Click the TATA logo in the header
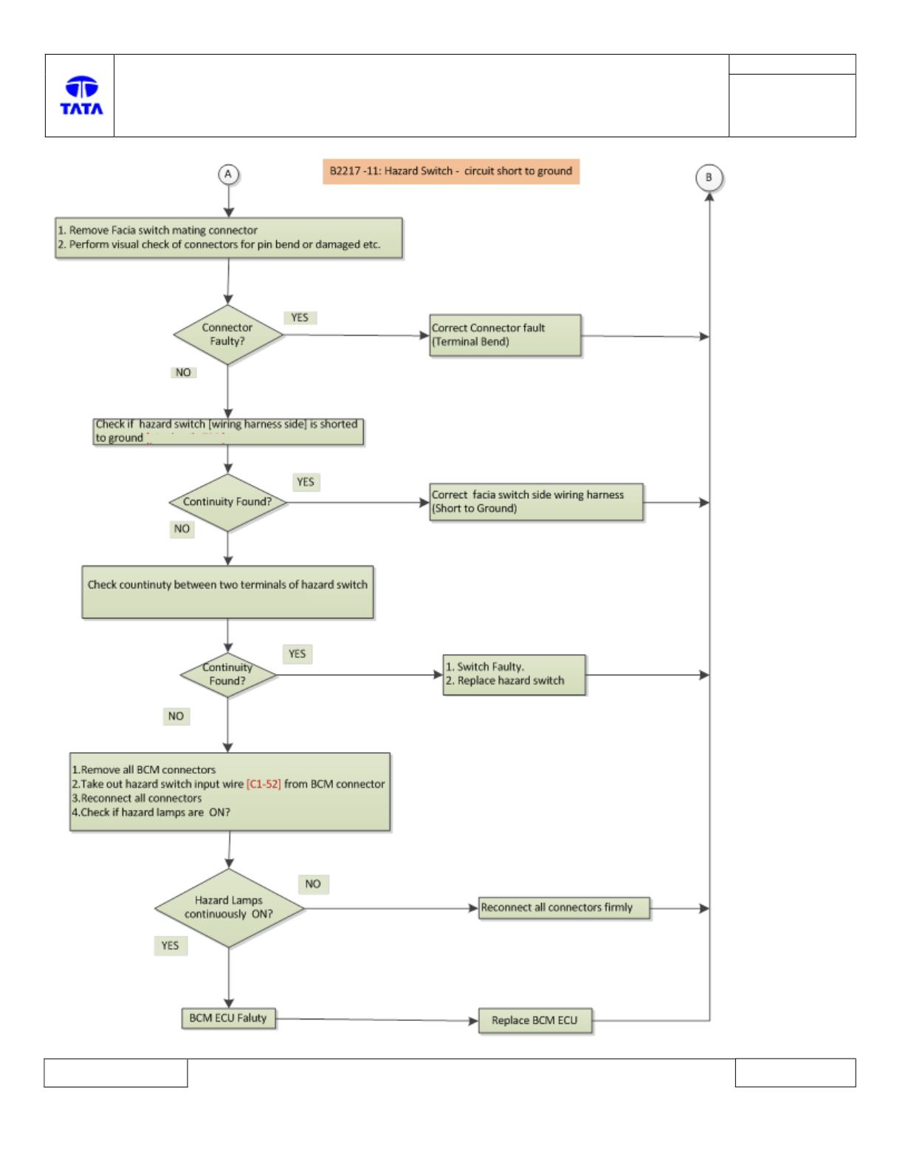click(x=81, y=95)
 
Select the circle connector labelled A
click(x=228, y=175)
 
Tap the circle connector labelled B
click(x=709, y=178)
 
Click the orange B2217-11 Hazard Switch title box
click(x=451, y=171)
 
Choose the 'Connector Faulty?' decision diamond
click(x=228, y=334)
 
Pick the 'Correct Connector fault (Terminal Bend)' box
click(x=506, y=335)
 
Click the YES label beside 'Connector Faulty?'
click(x=300, y=317)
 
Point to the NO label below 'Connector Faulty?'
click(x=183, y=372)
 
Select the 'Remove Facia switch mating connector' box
click(x=229, y=238)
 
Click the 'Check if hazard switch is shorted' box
click(x=228, y=432)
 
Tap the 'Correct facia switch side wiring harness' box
click(x=536, y=502)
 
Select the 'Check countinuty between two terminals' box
click(x=228, y=592)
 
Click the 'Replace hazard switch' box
click(x=514, y=674)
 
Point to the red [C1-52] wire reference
click(x=264, y=784)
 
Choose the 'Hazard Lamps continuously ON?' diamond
click(x=229, y=907)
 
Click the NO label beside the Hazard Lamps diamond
click(x=313, y=884)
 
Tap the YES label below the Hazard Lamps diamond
click(x=171, y=946)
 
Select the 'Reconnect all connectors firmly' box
click(x=565, y=907)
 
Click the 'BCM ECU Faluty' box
click(x=228, y=1018)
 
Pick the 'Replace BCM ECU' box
click(x=535, y=1021)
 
